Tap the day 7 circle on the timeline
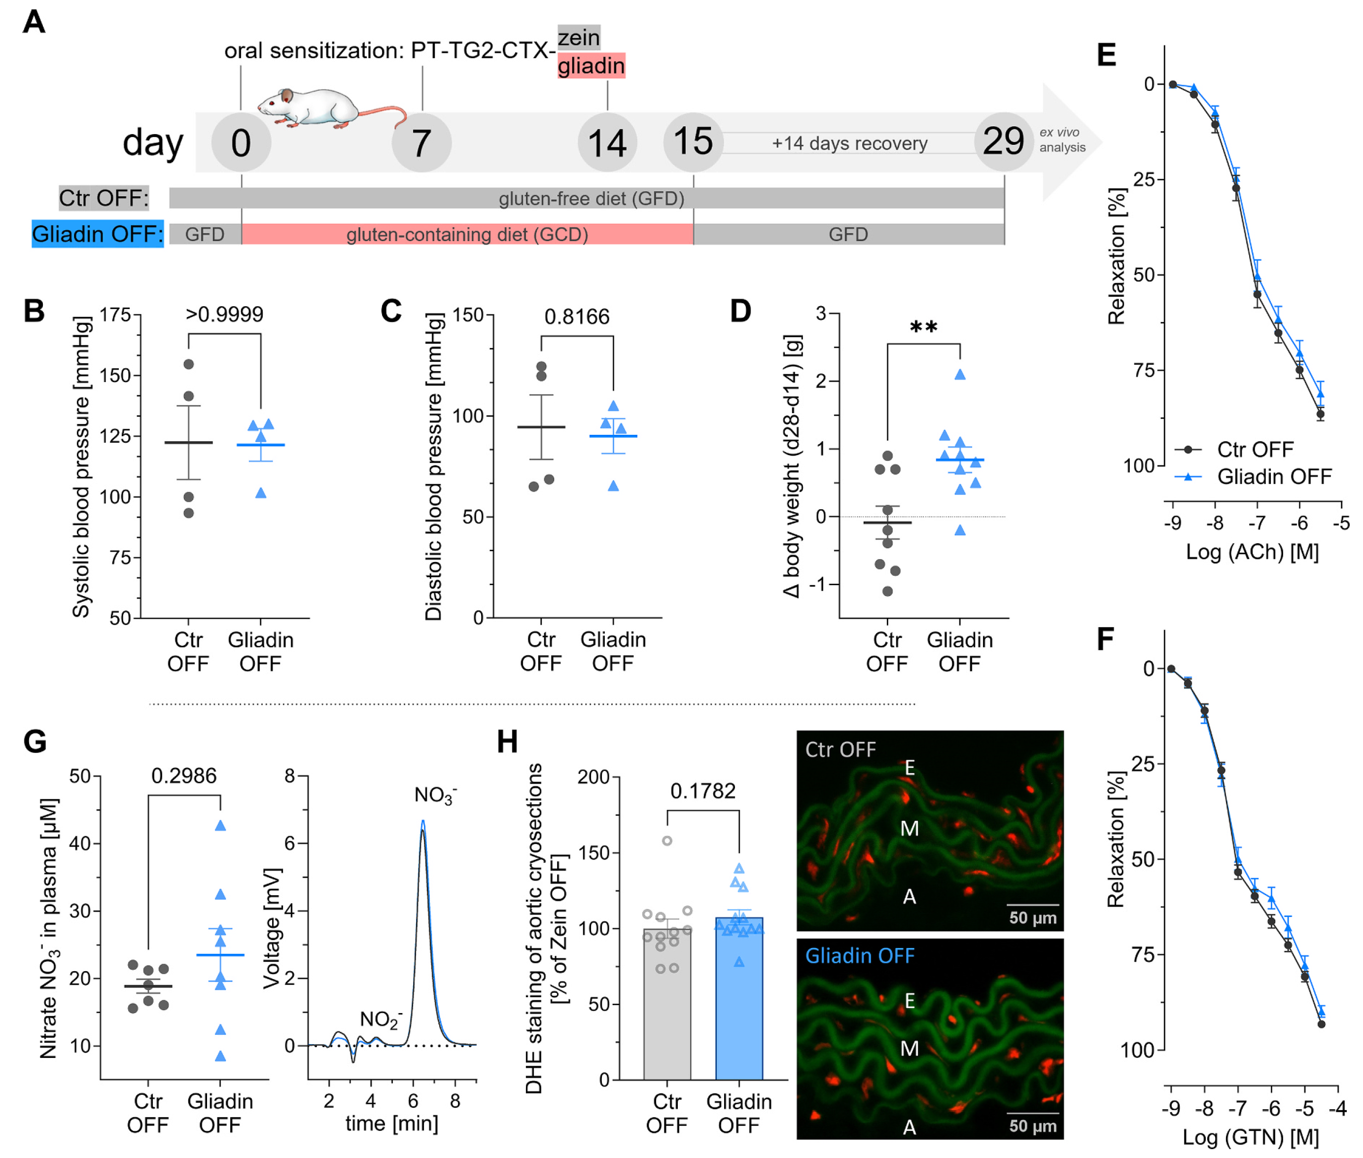421,142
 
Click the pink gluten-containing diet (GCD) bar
467,234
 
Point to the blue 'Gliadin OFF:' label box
97,234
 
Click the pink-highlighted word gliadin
591,66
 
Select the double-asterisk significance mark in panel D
923,327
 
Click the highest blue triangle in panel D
960,374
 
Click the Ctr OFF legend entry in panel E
1234,450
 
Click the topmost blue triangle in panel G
221,826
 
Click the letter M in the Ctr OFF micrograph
909,829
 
